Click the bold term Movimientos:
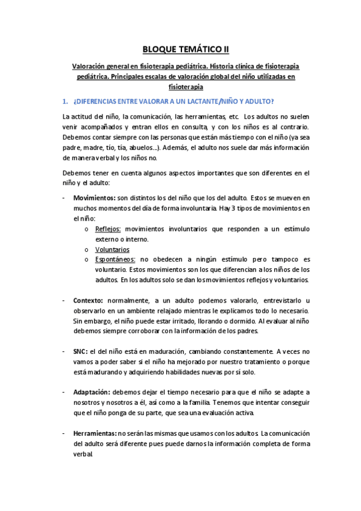pos(95,197)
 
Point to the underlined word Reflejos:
pos(108,228)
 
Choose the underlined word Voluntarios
pos(112,249)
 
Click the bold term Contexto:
pos(88,301)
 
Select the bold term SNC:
pos(81,351)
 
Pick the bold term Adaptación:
pos(92,392)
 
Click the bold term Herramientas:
pos(95,433)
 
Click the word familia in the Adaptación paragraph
pos(245,403)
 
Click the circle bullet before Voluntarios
pos(87,249)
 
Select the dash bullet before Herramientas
pos(64,433)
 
